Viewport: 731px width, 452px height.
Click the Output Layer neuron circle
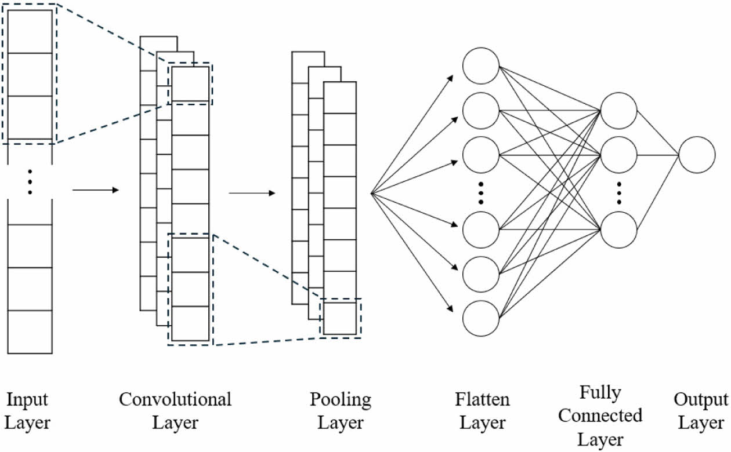click(x=697, y=155)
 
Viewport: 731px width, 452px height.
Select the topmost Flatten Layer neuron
click(x=480, y=66)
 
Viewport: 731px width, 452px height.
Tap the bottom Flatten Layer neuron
click(x=480, y=318)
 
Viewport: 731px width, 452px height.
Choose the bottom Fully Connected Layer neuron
click(x=619, y=229)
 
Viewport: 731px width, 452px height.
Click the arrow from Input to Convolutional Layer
click(x=95, y=189)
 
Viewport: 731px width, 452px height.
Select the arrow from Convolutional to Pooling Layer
click(x=252, y=192)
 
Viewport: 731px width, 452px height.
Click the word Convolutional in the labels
click(x=175, y=399)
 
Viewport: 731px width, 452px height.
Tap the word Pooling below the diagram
click(x=340, y=400)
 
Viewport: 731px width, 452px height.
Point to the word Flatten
click(x=482, y=399)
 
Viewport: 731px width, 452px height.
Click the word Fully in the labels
click(x=600, y=393)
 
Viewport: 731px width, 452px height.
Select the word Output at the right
click(x=700, y=400)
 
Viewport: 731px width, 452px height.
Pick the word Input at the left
click(x=27, y=399)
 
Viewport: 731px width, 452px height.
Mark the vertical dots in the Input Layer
click(x=30, y=182)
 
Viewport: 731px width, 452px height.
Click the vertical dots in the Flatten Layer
click(x=481, y=192)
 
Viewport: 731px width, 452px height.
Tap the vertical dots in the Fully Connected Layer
click(x=619, y=192)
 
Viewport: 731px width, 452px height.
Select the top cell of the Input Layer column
click(x=30, y=32)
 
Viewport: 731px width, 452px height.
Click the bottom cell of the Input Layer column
click(x=30, y=332)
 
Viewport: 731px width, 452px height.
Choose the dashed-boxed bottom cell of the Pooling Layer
click(x=340, y=318)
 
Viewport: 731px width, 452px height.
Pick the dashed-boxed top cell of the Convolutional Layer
click(x=189, y=83)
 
